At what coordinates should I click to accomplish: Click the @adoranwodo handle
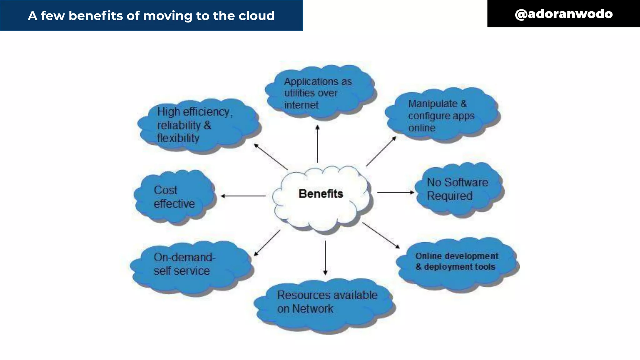(x=563, y=14)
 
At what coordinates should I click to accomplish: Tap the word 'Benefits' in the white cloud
(x=321, y=194)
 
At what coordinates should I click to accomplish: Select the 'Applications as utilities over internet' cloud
(x=320, y=93)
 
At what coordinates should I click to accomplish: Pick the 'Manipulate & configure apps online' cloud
(x=441, y=116)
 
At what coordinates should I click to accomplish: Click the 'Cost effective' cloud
(x=174, y=197)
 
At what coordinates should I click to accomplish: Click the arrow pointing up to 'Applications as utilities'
(x=317, y=144)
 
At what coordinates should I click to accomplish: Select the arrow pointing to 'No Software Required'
(x=395, y=192)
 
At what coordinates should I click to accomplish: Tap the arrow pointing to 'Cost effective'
(x=243, y=196)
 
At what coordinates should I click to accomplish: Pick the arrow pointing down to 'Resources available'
(x=325, y=258)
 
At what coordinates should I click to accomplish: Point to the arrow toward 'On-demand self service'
(x=267, y=243)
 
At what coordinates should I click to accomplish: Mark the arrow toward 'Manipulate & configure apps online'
(x=381, y=151)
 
